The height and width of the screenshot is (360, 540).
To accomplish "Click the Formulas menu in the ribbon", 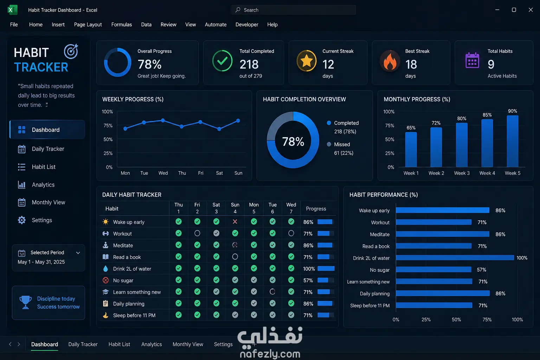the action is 122,25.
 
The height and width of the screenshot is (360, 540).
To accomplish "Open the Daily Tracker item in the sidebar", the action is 48,149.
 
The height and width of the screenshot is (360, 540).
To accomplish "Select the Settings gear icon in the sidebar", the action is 22,220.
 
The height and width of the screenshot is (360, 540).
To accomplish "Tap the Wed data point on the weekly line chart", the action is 163,120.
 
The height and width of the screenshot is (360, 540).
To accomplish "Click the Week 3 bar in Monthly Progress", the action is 461,145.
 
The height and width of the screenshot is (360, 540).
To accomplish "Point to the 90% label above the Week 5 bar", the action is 512,111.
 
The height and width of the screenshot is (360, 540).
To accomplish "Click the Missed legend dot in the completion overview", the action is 329,144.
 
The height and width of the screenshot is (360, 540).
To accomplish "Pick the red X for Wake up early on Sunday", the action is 235,221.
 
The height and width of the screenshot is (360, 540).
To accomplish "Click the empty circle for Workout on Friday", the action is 197,233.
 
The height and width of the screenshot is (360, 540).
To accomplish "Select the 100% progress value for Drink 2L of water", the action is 309,269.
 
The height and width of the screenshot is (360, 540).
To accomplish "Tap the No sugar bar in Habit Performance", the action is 433,270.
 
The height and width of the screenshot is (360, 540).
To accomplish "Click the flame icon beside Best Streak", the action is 390,61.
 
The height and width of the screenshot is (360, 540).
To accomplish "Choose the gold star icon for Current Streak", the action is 307,61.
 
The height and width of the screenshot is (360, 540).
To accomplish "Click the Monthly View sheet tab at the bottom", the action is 188,344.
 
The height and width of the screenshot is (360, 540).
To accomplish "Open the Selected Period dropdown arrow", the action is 78,253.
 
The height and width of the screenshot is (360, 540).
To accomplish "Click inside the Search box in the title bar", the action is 294,10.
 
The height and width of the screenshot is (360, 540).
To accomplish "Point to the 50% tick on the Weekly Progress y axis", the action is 108,139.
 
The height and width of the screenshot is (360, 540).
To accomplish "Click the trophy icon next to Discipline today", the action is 25,302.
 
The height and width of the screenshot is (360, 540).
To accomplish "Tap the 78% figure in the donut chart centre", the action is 293,142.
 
